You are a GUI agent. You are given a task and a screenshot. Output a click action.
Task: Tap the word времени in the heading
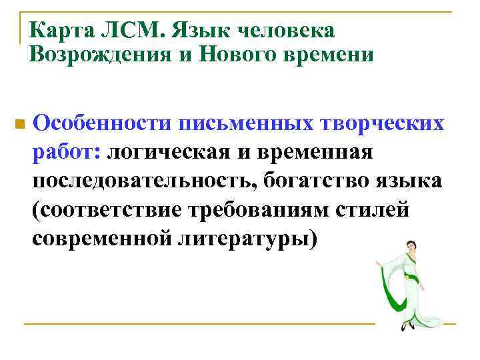(x=330, y=54)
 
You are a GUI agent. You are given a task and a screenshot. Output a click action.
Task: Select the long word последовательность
(x=145, y=181)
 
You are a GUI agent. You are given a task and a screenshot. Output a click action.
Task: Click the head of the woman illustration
(x=410, y=246)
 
